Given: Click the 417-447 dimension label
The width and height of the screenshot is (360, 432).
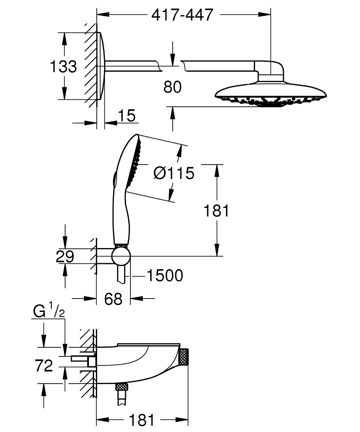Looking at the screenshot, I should pos(183,15).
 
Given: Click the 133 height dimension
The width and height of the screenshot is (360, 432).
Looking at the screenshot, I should pos(63,67).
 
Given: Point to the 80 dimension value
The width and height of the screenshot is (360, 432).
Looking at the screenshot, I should pos(173,87).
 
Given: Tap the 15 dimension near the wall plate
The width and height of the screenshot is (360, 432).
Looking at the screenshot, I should pos(126,115).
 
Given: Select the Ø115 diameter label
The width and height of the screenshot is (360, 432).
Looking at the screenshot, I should pos(174,173).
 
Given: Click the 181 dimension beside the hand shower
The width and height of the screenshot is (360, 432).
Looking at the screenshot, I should pos(216,211).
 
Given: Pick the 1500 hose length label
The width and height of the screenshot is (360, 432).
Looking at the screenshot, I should pos(164,275).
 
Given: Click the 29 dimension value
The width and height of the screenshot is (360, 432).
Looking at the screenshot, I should pos(65,257).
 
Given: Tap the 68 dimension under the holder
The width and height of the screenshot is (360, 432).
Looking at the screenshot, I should pos(114,299).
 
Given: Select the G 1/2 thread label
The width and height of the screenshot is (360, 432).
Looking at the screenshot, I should pos(48,311).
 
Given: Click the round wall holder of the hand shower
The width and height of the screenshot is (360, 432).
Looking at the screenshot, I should pos(121,256).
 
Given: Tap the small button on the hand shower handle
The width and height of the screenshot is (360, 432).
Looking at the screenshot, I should pos(114,177).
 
